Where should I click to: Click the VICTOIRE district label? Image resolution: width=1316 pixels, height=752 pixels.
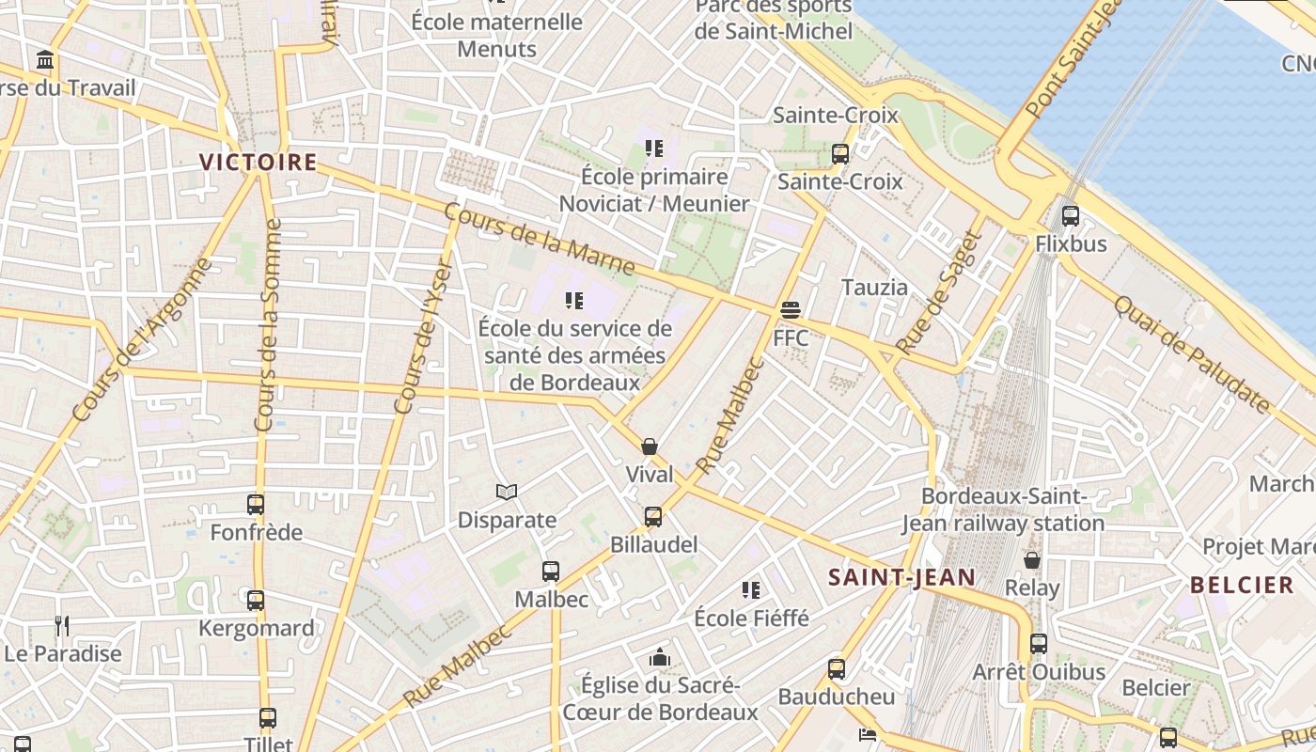[258, 162]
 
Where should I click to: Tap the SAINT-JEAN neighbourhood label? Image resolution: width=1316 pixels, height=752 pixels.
[901, 577]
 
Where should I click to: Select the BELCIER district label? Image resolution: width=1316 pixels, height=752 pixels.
[1242, 585]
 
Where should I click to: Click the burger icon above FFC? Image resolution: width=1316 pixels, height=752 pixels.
[790, 310]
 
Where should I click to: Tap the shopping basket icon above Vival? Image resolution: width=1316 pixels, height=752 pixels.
[650, 446]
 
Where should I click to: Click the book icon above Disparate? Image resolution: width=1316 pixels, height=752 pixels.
[507, 492]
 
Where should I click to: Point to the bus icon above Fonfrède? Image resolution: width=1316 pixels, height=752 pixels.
[256, 505]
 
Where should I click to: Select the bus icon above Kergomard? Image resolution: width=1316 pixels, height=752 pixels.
[256, 601]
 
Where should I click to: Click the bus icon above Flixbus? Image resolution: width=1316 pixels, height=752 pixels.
[1070, 216]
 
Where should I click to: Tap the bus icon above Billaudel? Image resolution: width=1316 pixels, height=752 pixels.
[653, 516]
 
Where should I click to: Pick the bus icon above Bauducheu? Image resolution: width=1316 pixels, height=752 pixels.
[837, 669]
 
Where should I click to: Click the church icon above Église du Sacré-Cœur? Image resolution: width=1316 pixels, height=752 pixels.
[660, 657]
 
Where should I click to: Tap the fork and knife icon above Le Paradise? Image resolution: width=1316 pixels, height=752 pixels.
[62, 625]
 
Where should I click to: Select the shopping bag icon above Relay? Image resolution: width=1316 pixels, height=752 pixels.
[1032, 560]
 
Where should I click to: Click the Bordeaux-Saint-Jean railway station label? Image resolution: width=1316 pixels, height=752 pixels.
[1003, 509]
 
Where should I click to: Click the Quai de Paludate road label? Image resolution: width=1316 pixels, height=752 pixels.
[1191, 354]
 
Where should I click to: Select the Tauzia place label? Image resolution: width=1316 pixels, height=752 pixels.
[874, 287]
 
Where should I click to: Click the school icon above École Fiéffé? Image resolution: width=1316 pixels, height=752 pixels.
[750, 590]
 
